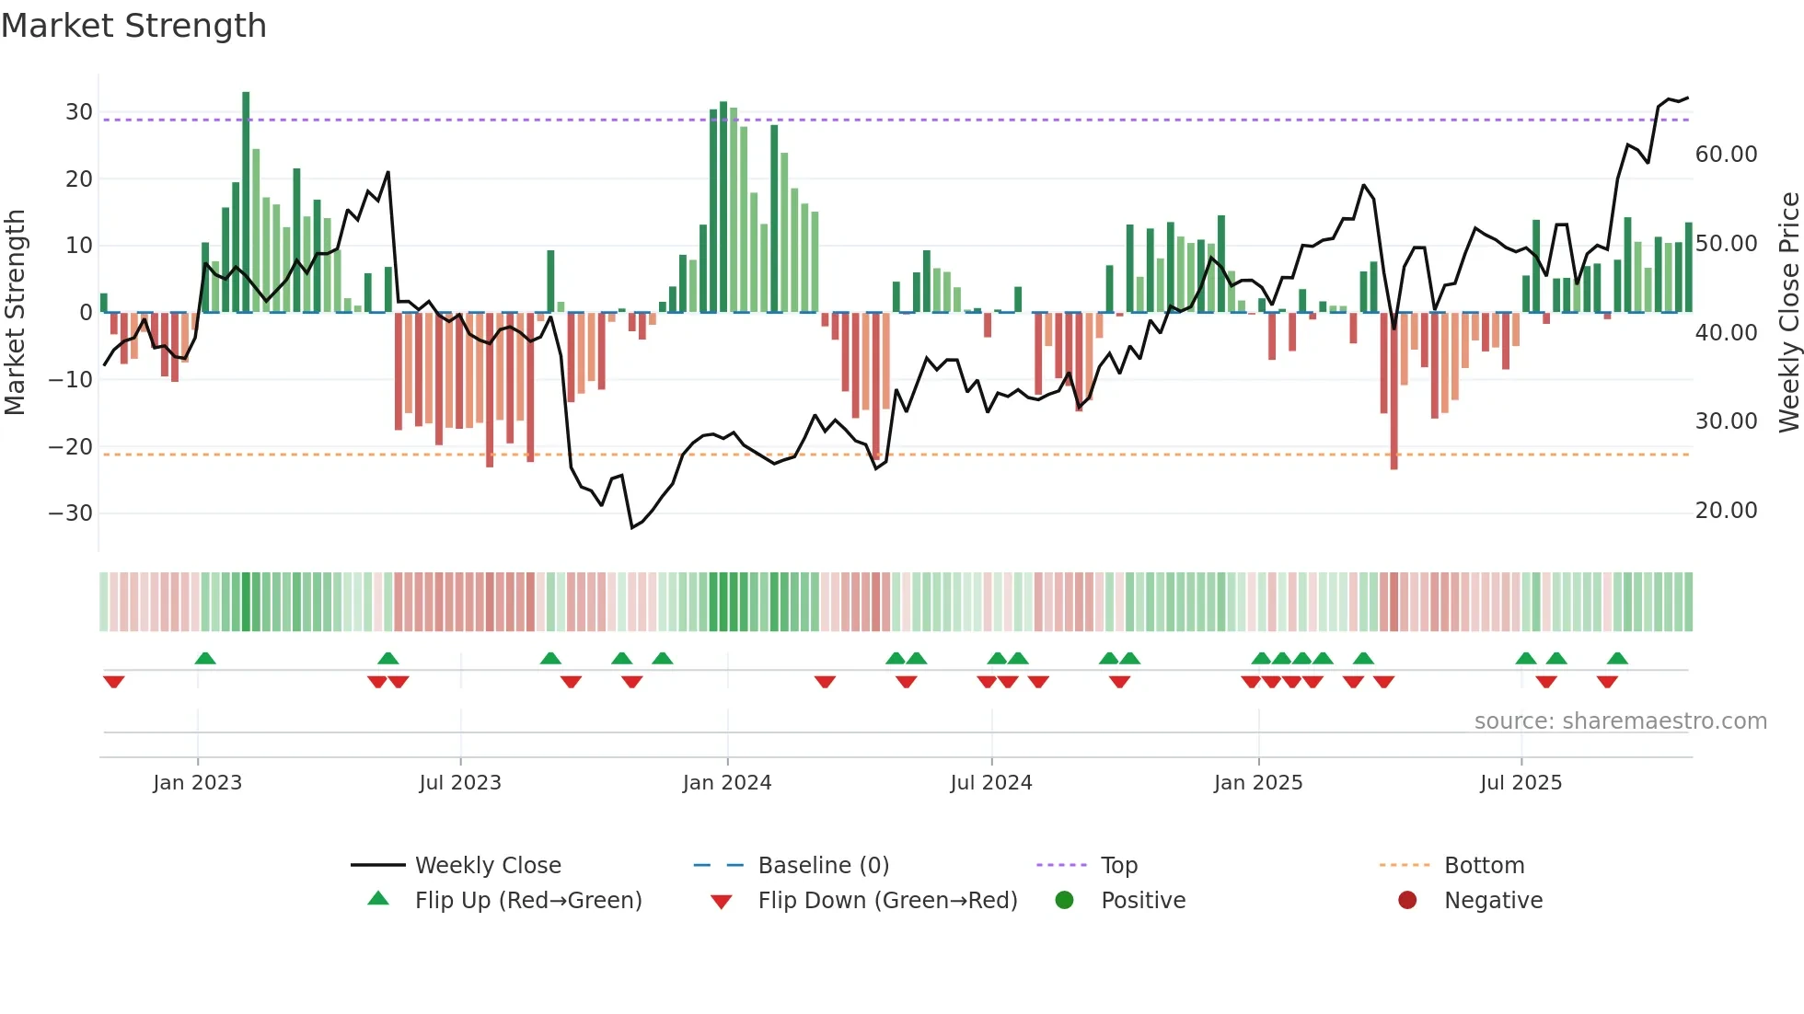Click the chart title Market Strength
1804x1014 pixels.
click(133, 26)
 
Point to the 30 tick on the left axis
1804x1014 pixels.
click(79, 112)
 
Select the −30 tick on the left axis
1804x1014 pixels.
click(71, 513)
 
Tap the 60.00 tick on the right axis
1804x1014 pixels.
click(1726, 155)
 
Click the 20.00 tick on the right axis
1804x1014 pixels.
click(1726, 511)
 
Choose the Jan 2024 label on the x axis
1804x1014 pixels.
click(726, 783)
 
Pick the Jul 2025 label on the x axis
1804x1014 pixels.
click(1521, 783)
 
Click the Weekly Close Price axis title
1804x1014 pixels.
click(1788, 313)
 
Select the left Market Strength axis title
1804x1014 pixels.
click(15, 313)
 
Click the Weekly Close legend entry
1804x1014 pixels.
click(487, 866)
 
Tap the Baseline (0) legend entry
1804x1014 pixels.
click(823, 866)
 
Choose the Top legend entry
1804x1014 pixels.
click(1118, 866)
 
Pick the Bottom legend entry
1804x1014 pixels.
click(1484, 866)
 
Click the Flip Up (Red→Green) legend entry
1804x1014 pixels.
click(527, 901)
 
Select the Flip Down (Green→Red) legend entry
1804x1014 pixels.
click(887, 901)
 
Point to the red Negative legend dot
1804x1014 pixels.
click(1407, 901)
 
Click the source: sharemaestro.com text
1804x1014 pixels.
click(1620, 721)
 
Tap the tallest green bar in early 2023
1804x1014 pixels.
click(246, 202)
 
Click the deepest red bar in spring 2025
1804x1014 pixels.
click(1393, 391)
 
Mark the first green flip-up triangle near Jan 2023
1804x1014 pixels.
click(205, 658)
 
